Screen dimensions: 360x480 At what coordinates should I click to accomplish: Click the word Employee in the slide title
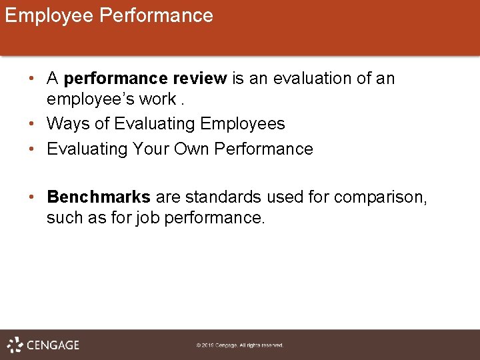click(x=49, y=15)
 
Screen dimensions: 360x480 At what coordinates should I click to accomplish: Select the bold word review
click(x=200, y=79)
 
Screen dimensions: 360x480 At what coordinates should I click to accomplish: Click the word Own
click(x=192, y=149)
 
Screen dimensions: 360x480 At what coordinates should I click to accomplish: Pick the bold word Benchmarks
click(x=99, y=198)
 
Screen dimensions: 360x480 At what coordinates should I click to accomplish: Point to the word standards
click(x=225, y=198)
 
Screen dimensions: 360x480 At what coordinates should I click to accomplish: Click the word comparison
click(x=379, y=198)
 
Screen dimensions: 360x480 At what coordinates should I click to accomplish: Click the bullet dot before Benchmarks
click(x=33, y=198)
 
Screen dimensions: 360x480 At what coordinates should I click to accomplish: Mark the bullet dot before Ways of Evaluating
click(x=33, y=124)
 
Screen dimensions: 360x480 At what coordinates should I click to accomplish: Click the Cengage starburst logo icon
click(x=15, y=345)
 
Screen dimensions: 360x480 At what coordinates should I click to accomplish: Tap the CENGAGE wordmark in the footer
click(x=53, y=345)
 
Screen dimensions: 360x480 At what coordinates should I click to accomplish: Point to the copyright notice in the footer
click(x=240, y=345)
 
